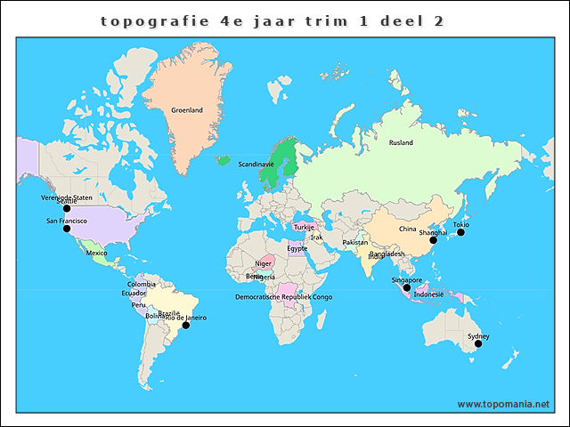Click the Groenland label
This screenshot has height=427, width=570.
187,110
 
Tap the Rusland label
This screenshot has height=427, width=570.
401,142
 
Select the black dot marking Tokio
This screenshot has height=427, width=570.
461,232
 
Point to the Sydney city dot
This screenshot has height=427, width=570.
476,343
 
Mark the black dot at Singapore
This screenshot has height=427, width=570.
407,287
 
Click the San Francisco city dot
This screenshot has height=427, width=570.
66,229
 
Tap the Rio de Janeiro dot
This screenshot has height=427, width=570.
186,326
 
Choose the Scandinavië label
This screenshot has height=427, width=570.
256,164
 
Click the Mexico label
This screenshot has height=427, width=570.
96,254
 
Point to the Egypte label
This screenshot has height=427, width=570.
297,248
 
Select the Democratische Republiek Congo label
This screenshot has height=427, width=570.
284,296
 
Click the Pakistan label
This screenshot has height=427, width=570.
355,242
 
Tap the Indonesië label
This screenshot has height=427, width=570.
429,294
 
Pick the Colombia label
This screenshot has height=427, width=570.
141,284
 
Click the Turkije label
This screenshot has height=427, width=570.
305,227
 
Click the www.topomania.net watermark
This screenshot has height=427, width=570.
504,404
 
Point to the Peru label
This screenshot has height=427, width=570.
138,304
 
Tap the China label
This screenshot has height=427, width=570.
407,229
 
